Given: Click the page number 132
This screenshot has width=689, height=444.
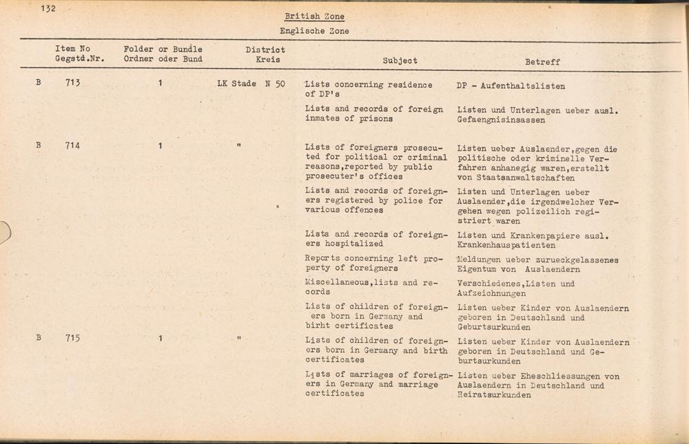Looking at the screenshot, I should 48,9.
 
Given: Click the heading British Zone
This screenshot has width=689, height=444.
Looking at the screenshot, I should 314,17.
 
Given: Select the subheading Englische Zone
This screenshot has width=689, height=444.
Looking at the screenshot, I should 314,31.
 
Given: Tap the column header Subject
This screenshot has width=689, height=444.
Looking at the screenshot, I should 400,61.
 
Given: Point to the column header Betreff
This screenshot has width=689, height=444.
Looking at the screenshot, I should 542,62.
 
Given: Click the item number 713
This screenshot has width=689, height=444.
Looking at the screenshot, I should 73,83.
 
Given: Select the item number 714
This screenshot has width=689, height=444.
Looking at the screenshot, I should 73,146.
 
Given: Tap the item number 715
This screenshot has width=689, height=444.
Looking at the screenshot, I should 73,338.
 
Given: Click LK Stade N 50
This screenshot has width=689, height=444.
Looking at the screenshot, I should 251,84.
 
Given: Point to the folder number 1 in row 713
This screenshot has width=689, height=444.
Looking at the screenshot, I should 161,83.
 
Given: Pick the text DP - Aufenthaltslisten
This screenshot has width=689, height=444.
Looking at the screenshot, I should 511,87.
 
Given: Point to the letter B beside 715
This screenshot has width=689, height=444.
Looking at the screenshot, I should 39,338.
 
